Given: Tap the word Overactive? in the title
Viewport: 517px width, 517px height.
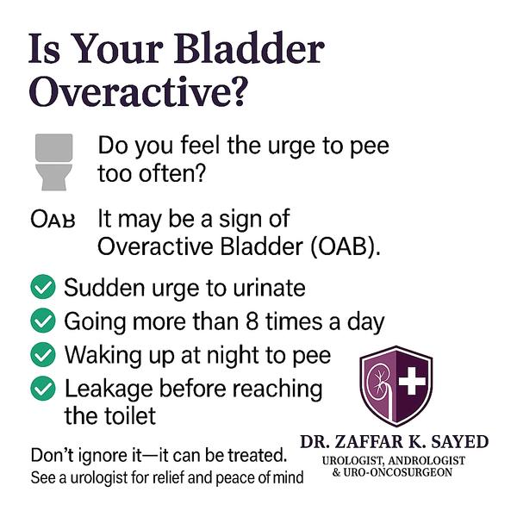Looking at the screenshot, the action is coord(138,90).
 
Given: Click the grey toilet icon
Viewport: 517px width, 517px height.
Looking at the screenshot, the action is coord(54,162).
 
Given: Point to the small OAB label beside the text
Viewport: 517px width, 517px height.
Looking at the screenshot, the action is coord(53,219).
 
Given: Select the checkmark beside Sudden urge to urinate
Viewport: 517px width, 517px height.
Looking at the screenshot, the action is coord(43,287).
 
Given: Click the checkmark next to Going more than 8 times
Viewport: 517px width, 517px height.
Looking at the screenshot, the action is coord(43,321).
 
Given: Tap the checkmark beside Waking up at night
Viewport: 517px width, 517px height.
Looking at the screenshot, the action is coord(43,354).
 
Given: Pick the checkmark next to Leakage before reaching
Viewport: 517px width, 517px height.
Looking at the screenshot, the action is coord(43,389).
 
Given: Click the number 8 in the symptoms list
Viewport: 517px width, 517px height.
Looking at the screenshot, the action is coord(252,321).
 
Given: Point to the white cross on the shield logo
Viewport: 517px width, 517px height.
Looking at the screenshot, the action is coord(412,381).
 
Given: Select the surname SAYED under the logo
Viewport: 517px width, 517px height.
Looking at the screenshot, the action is coord(460,442).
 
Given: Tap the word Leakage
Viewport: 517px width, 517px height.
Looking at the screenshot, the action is coord(109,389).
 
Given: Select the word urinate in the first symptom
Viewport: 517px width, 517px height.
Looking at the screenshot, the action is coord(269,288).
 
